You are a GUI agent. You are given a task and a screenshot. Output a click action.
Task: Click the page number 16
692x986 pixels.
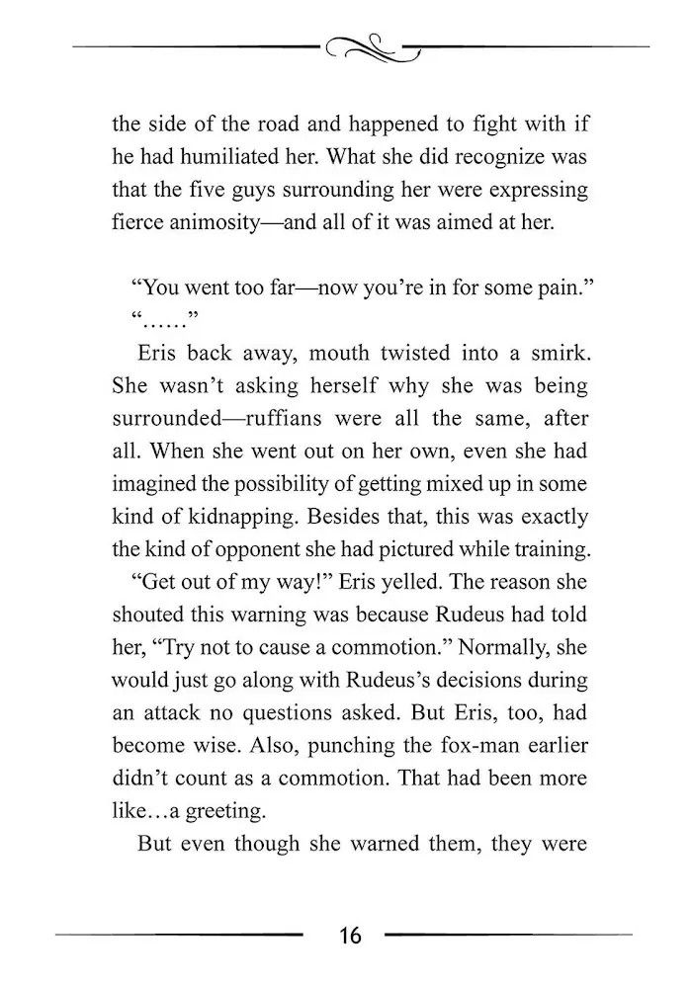tap(350, 935)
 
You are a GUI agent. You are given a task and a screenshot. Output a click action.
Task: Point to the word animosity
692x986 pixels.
tap(238, 223)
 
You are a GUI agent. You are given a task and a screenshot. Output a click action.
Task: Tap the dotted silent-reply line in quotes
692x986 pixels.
tap(162, 320)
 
